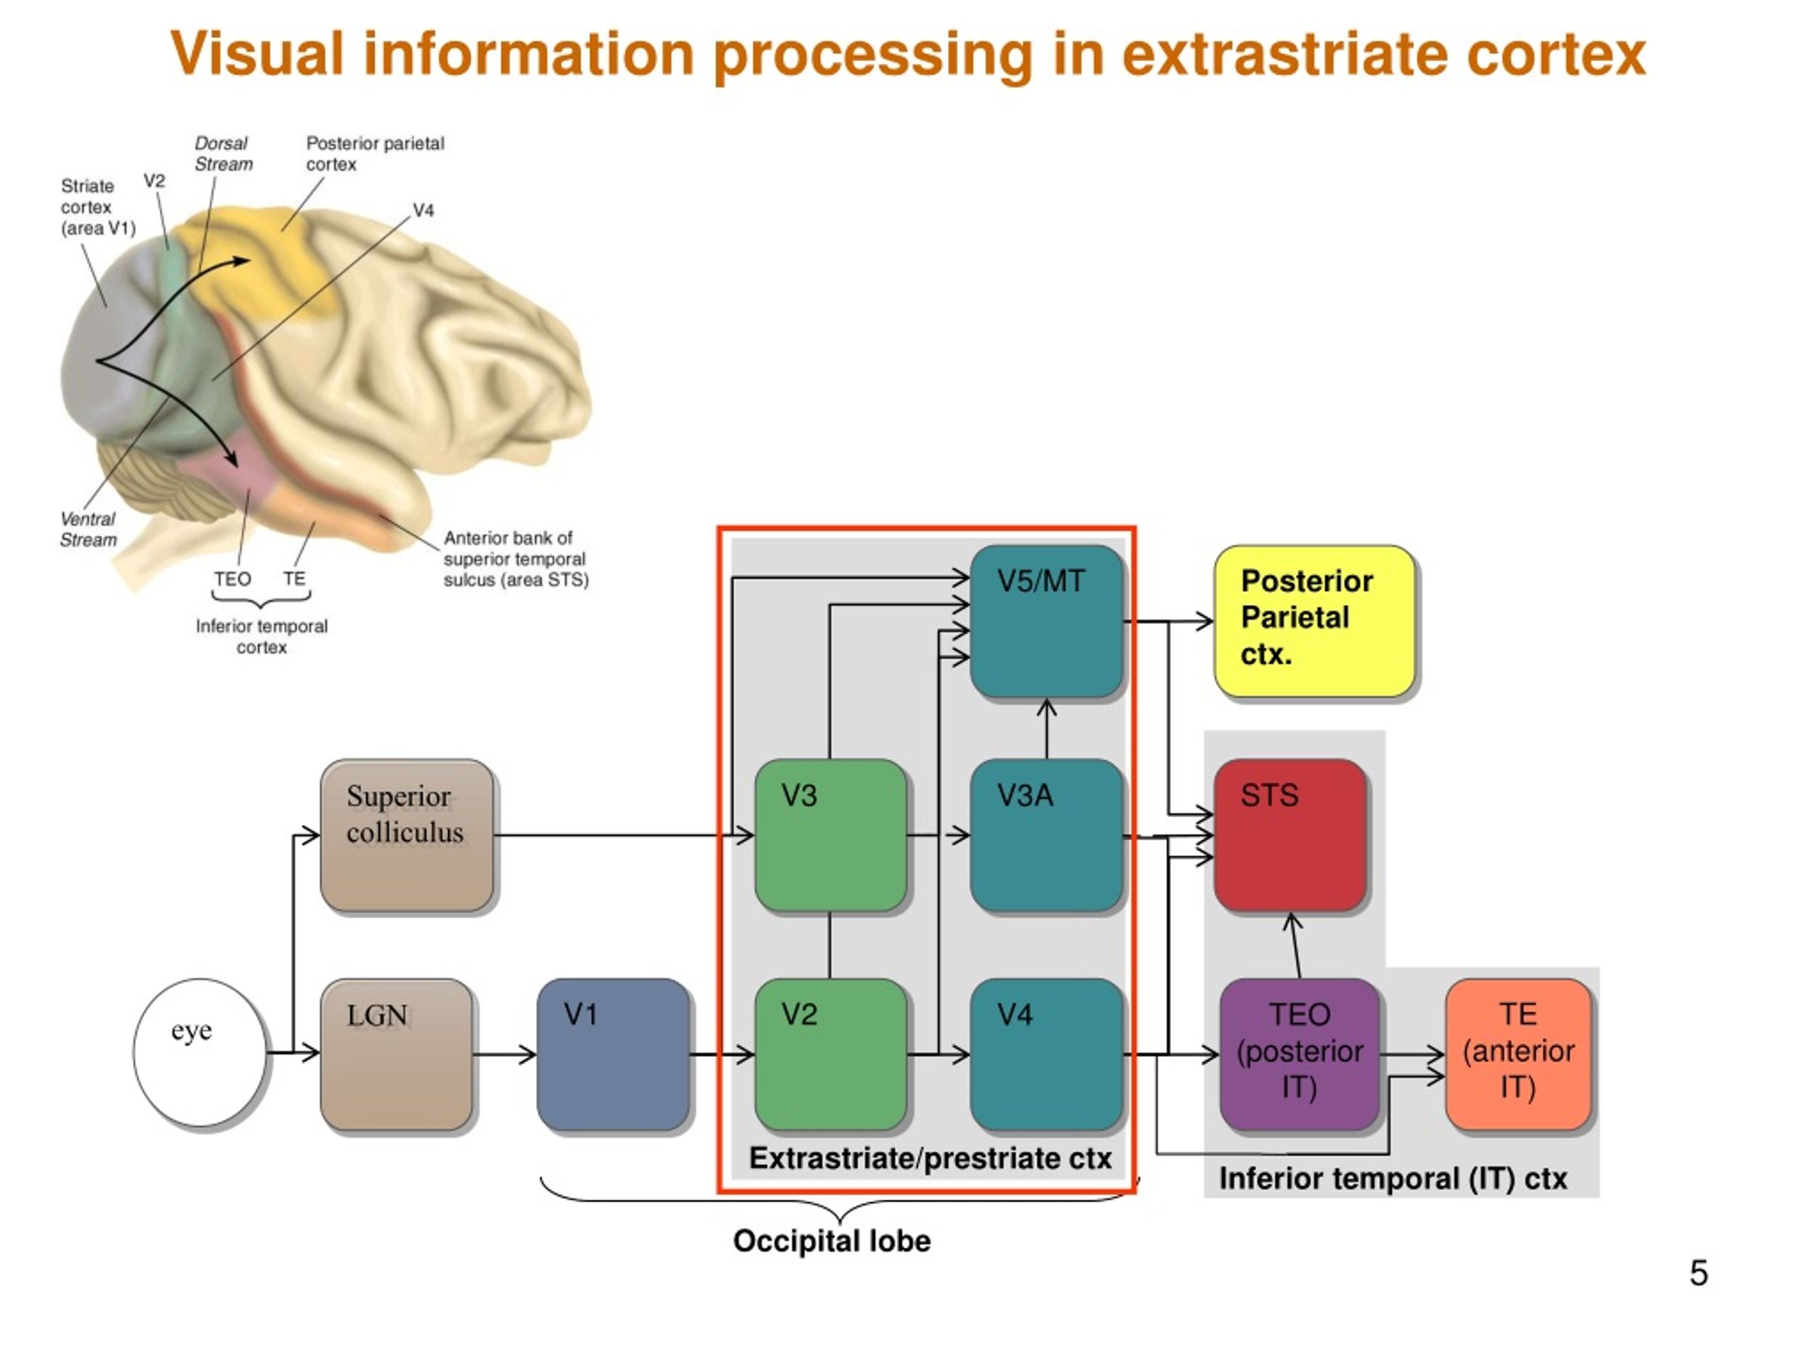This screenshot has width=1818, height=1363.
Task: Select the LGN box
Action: [397, 1054]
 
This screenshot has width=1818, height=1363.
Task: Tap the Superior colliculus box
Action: [408, 836]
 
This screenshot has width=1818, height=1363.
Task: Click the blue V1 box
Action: [613, 1054]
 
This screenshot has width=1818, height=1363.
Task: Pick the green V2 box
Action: [831, 1054]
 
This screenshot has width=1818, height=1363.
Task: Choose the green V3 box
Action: [831, 836]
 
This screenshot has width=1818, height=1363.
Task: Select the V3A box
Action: [1046, 836]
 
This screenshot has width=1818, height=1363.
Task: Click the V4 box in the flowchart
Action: [1046, 1054]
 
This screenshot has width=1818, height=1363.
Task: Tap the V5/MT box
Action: [1046, 621]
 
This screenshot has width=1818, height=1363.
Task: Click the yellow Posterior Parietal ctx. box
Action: [1315, 621]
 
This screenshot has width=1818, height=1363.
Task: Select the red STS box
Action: [1290, 836]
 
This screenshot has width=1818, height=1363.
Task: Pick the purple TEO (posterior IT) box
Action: [1300, 1054]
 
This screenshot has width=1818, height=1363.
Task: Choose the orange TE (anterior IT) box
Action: [1518, 1054]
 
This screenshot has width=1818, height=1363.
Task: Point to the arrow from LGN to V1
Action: [505, 1054]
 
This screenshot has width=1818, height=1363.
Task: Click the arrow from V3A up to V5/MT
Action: [1046, 729]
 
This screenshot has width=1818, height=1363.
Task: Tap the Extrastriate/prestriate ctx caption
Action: [930, 1159]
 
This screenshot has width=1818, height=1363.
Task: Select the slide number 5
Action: [1699, 1273]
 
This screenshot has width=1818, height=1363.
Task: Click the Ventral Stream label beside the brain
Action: [89, 530]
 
